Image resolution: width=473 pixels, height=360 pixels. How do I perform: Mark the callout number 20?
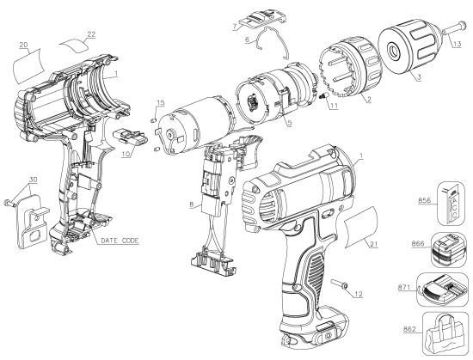click(23, 44)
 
